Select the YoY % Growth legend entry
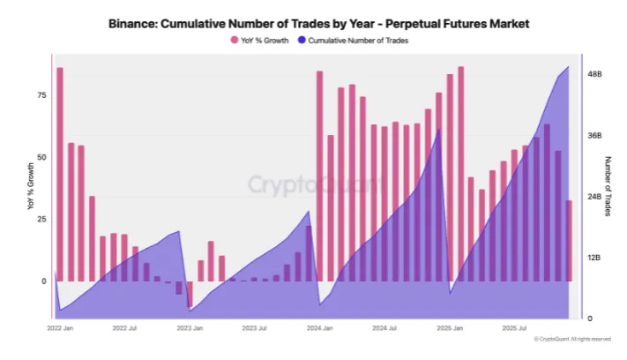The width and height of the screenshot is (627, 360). point(261,40)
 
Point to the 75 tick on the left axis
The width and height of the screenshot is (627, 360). point(41,94)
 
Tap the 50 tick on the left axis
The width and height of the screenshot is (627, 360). point(41,156)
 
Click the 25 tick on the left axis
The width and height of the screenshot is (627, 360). point(41,219)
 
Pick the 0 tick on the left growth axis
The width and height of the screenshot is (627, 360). point(42,281)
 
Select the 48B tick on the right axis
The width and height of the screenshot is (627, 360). point(594,75)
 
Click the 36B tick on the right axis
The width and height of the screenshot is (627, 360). point(594,136)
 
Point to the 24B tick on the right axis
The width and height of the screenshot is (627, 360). point(594,197)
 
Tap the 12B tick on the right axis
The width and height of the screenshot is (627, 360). point(594,258)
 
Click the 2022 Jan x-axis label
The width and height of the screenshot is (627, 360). point(60,327)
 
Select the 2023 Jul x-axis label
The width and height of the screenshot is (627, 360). point(255,327)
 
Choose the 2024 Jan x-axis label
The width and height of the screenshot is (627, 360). point(318,327)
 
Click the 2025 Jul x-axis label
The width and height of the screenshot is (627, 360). point(514,327)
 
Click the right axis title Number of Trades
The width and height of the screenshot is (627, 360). point(608,186)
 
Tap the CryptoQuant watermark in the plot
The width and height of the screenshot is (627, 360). point(314,184)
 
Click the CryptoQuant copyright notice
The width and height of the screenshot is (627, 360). point(572,339)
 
